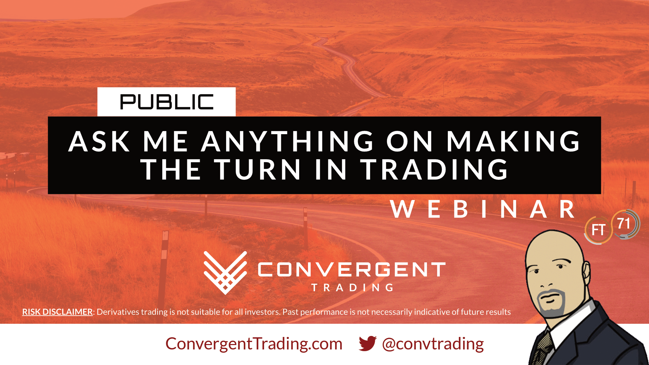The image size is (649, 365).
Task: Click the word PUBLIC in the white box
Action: pos(167,102)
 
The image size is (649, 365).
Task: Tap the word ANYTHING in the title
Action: pos(288,141)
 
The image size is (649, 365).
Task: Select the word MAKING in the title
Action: pos(513,141)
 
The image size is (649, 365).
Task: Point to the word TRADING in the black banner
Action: pos(434,169)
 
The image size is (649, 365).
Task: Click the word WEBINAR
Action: pos(482,210)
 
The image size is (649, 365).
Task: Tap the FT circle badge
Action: pos(598,230)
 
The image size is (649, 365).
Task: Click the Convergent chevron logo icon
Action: pos(225,272)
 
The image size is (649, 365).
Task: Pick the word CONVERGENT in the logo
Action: pos(352,270)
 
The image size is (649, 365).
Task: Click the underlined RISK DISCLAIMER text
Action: pos(57,312)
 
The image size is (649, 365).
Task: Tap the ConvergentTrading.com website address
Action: pos(254,344)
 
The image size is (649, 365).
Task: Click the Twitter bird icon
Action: pos(368,343)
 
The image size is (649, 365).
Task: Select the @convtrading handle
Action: pos(433,344)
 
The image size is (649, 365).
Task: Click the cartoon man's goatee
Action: pos(551,302)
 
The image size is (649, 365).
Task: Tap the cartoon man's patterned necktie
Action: pos(542,348)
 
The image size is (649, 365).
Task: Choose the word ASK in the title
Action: pos(99,141)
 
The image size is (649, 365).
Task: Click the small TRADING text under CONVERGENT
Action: pos(353,288)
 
